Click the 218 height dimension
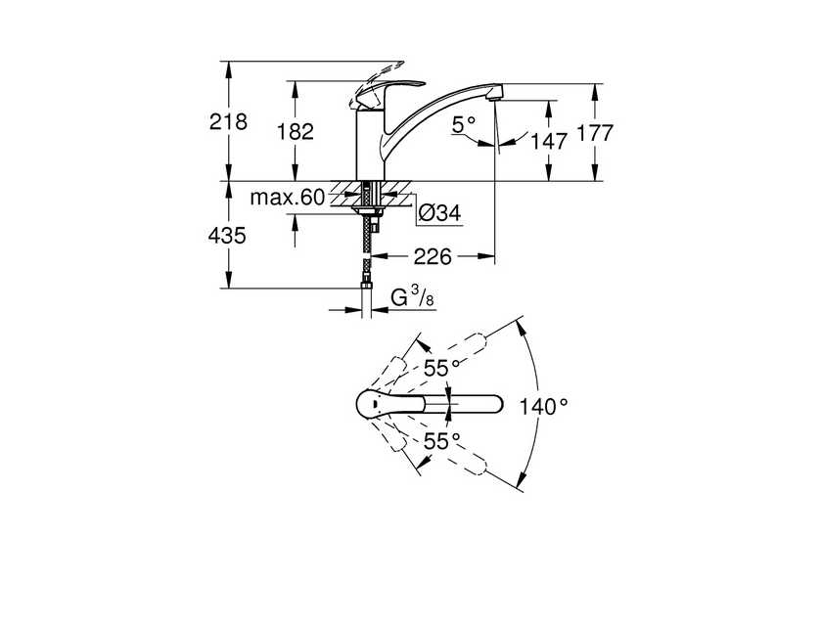point(228,122)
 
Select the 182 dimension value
point(296,131)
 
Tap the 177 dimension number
point(595,133)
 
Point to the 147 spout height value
point(549,141)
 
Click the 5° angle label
point(464,124)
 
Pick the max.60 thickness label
point(288,198)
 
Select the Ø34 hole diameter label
point(439,213)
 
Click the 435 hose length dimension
point(227,236)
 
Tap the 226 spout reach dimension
point(433,256)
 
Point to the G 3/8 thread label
point(413,297)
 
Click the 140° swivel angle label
point(543,406)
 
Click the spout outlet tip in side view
point(494,95)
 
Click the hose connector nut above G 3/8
point(366,286)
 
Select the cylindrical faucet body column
point(370,145)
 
